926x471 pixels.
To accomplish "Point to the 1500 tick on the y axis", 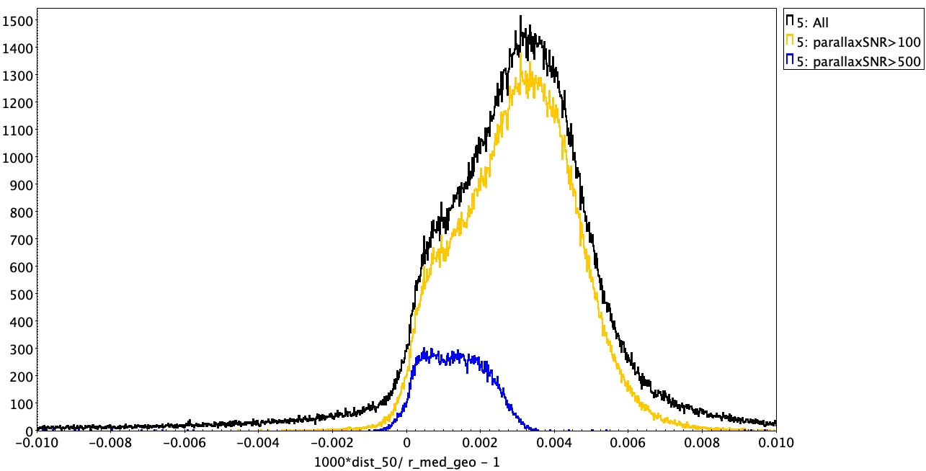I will (17, 21).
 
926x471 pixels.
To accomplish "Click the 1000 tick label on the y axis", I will (17, 158).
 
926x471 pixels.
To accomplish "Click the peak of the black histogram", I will (520, 17).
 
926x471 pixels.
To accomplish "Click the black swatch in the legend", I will (790, 22).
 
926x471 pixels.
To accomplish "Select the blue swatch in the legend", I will (790, 61).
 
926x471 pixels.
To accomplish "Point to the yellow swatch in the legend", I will (790, 42).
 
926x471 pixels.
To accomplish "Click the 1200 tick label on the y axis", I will (17, 103).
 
